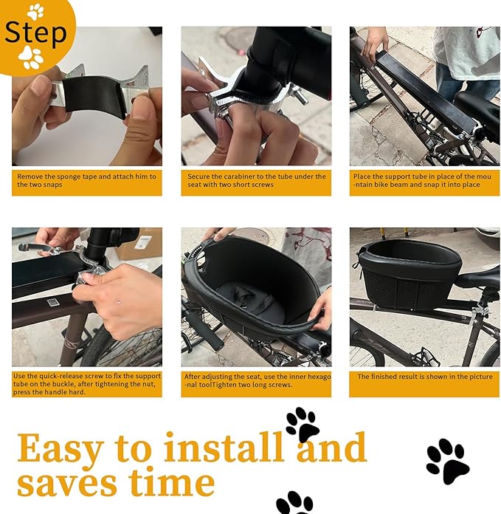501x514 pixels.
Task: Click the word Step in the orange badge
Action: click(x=35, y=32)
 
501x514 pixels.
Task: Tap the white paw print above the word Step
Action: click(x=35, y=12)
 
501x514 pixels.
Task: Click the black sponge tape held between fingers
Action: click(x=96, y=96)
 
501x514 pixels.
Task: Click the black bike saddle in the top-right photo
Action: click(x=477, y=104)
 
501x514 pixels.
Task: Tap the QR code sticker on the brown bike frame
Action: click(x=52, y=302)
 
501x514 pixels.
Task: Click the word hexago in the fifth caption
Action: click(x=319, y=377)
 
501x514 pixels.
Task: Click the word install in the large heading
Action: click(x=224, y=447)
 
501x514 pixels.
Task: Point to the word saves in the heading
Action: click(x=67, y=484)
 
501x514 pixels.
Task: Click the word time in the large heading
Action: click(x=172, y=482)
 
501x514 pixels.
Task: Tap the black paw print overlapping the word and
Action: click(x=303, y=425)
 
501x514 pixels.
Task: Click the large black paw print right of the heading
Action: click(x=448, y=461)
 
